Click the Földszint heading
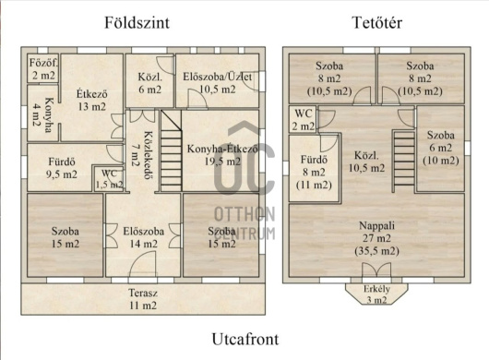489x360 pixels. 137,23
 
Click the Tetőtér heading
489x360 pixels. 377,23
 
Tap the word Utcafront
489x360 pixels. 245,339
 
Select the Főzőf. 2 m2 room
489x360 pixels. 43,69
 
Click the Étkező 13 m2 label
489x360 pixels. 92,100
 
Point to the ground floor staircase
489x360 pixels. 172,150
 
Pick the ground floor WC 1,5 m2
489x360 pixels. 109,179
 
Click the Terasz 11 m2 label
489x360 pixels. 143,299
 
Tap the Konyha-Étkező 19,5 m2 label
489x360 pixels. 222,155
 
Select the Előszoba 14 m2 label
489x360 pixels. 143,237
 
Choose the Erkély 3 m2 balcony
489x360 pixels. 376,294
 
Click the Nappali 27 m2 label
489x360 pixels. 376,238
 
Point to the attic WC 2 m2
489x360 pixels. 304,119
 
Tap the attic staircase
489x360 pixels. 403,162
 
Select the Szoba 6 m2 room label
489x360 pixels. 441,148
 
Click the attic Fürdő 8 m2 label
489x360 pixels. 314,173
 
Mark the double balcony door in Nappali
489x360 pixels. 376,270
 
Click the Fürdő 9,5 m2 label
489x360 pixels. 62,168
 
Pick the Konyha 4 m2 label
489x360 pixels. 43,115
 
